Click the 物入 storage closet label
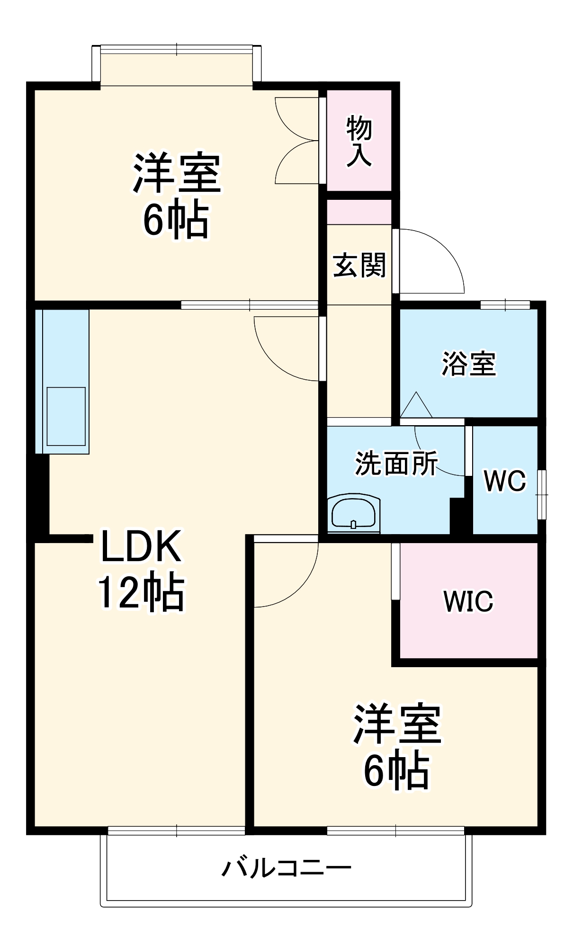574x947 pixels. point(359,141)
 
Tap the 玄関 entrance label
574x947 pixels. point(359,265)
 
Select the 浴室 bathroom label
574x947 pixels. point(468,364)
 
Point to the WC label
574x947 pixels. point(505,481)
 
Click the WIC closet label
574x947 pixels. point(468,601)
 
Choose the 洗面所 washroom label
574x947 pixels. point(396,463)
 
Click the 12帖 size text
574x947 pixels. point(141,592)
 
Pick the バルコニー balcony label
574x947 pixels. point(287,868)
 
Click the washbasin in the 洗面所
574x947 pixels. point(354,513)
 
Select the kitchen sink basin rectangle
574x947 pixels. point(66,416)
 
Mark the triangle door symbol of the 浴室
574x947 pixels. point(416,406)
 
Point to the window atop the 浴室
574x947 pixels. point(505,304)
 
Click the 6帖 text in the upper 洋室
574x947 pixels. point(176,221)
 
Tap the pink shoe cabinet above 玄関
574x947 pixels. point(359,212)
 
